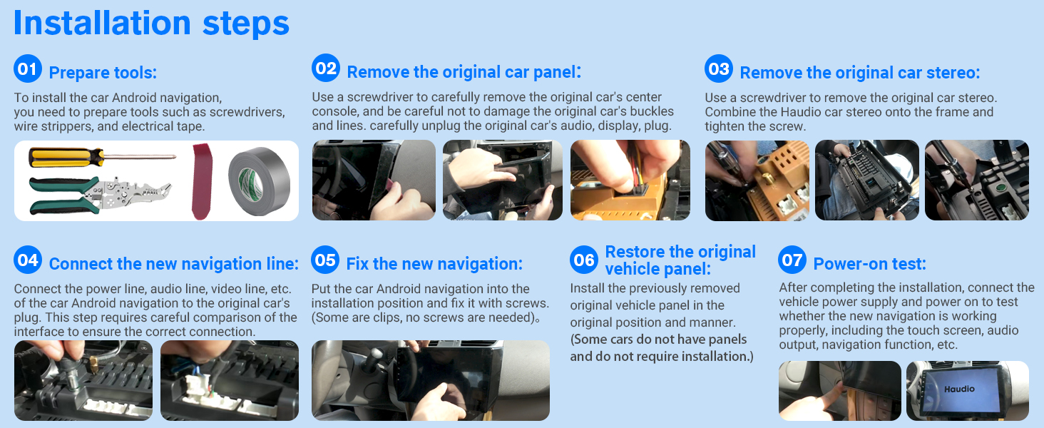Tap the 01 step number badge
[28, 69]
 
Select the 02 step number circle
[326, 68]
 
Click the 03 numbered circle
[719, 69]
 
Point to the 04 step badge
[28, 260]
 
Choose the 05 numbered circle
[325, 260]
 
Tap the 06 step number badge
[584, 260]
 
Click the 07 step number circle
[792, 260]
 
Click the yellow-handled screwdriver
[100, 156]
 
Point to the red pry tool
[203, 181]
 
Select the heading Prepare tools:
[103, 73]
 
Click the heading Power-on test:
[869, 264]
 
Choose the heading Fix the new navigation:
[434, 264]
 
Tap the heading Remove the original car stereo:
[859, 73]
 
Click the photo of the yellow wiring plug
[630, 180]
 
